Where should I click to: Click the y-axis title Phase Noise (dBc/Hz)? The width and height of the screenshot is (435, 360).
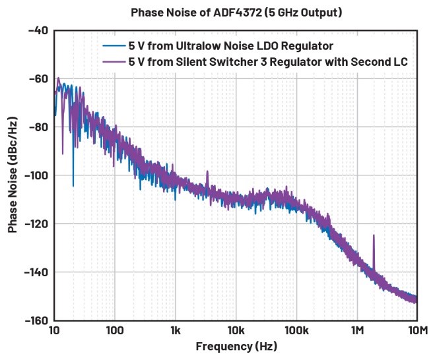13,174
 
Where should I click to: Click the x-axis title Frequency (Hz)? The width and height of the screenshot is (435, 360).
235,345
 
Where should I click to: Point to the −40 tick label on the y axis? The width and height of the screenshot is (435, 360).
38,30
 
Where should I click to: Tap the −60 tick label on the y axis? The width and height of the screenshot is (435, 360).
38,78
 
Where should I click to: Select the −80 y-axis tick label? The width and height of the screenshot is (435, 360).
38,127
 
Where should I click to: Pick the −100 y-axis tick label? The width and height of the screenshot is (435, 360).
35,175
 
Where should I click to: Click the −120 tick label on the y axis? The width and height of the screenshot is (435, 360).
35,224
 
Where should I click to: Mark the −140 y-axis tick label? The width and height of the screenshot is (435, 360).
35,272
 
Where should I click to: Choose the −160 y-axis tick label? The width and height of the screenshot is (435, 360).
35,320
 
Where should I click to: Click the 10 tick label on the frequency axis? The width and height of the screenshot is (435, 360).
55,330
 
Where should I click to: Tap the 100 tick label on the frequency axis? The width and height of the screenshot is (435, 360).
115,330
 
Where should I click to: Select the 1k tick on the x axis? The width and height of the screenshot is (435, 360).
176,330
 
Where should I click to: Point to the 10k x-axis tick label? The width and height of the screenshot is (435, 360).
236,330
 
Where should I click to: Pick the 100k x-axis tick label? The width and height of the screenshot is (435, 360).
296,330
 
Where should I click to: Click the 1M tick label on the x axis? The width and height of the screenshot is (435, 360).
357,330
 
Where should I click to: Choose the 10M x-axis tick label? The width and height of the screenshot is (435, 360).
415,330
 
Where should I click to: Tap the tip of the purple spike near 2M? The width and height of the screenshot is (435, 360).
374,235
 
